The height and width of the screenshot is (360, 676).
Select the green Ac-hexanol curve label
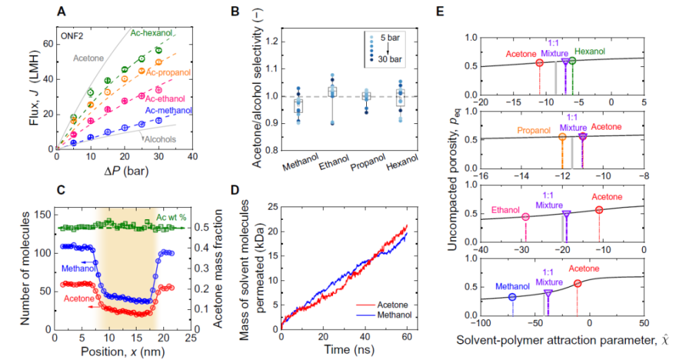pos(153,32)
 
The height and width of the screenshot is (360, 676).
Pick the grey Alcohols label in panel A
pos(161,139)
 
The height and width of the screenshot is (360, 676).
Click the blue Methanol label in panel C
pos(79,268)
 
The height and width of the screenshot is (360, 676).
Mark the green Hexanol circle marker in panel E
pos(572,61)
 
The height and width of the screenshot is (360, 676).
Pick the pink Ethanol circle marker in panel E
pos(525,217)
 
